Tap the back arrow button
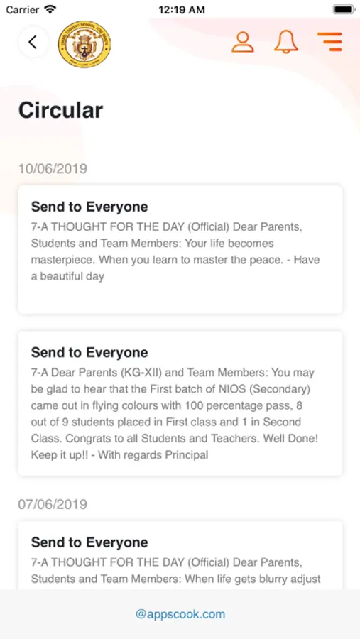[x=33, y=42]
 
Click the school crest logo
[x=84, y=44]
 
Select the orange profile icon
[x=243, y=42]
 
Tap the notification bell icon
[x=286, y=42]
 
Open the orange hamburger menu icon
[x=329, y=42]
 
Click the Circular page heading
[x=60, y=110]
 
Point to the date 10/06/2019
[x=53, y=169]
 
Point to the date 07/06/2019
[x=53, y=504]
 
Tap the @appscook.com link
[x=180, y=614]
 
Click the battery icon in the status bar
[x=343, y=10]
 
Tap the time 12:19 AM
[x=181, y=10]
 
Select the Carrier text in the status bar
[x=23, y=10]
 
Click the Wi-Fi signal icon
[x=50, y=10]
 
